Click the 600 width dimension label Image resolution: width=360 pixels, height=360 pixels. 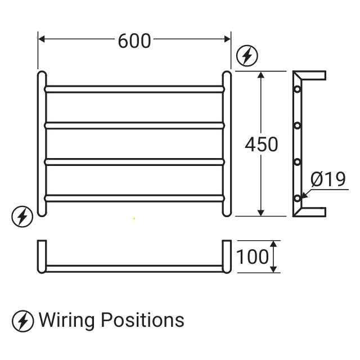(134, 40)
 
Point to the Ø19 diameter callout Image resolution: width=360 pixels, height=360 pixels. (328, 179)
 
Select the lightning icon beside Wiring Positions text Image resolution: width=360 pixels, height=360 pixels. (23, 321)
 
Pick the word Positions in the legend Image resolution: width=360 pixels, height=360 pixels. (142, 320)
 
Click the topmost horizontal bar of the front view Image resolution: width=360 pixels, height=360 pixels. (134, 88)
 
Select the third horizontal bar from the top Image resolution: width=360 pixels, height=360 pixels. (134, 161)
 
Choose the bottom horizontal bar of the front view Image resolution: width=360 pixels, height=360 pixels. (134, 197)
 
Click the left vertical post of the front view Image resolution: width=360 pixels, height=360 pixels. (41, 143)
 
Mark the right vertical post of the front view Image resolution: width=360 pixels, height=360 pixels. (227, 143)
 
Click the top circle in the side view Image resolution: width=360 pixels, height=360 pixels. (297, 89)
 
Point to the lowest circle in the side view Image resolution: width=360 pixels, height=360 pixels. (297, 197)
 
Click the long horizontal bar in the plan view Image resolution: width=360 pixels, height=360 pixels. (134, 267)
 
